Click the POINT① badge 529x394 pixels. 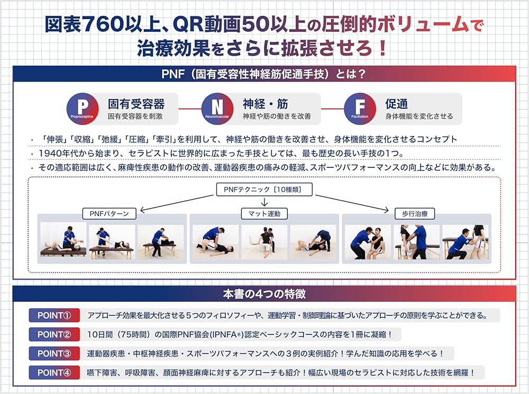[x=54, y=316]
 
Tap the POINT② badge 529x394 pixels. [x=54, y=335]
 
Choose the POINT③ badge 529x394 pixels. [x=54, y=353]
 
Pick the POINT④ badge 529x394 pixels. [x=54, y=372]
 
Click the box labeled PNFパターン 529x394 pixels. [x=109, y=214]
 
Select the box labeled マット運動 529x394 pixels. [x=264, y=214]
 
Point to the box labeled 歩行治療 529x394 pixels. [x=415, y=214]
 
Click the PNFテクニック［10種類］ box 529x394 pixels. [x=264, y=190]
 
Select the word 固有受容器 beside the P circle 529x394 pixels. [x=136, y=103]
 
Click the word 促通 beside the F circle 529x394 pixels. [x=396, y=103]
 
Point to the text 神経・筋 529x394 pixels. [x=266, y=103]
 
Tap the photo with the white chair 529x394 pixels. [x=264, y=241]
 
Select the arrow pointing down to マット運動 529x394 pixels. [x=264, y=202]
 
